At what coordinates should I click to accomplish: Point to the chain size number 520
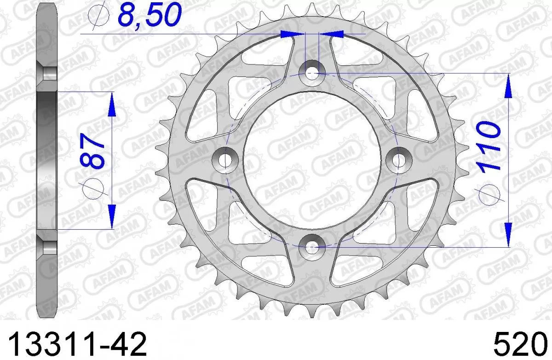(522, 343)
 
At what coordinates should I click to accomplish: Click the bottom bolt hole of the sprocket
(312, 246)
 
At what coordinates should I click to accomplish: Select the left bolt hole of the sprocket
(225, 159)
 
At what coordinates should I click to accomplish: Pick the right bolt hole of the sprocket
(399, 159)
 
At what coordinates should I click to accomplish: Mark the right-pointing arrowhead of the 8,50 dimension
(293, 34)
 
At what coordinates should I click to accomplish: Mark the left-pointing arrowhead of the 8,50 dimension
(332, 34)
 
